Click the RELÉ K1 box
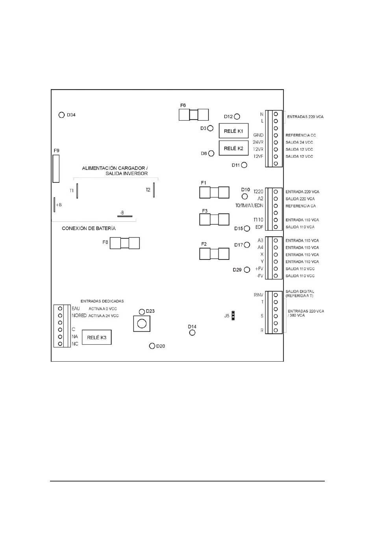click(x=233, y=131)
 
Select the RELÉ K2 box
click(x=233, y=148)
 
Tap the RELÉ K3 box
click(x=96, y=338)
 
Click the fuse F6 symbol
click(x=193, y=115)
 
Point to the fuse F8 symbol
click(x=125, y=243)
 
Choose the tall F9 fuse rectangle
click(x=56, y=168)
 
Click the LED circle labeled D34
click(x=61, y=115)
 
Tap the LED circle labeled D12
click(x=237, y=117)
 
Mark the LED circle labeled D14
click(x=192, y=332)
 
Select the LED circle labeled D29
click(x=247, y=270)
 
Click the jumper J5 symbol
click(x=233, y=316)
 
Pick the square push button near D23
click(x=142, y=324)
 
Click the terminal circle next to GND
click(x=276, y=135)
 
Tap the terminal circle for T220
click(x=276, y=192)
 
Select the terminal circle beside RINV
click(x=276, y=295)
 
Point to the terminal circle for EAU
click(x=60, y=308)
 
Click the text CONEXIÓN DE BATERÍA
click(x=89, y=228)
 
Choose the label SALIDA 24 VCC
click(x=299, y=142)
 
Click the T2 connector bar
click(x=154, y=188)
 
